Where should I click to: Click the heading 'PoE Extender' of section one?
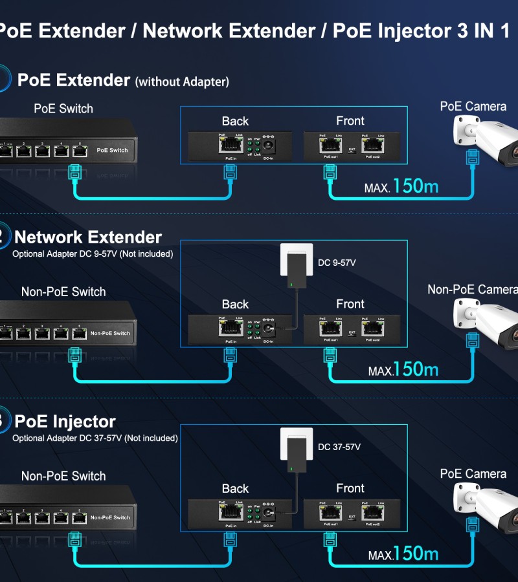[x=74, y=80]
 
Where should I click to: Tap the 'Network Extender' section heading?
[x=88, y=237]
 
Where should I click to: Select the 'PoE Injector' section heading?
[x=65, y=422]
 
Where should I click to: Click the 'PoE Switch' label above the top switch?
[x=63, y=109]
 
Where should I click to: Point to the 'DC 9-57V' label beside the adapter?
[x=337, y=263]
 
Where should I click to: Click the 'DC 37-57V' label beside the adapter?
[x=339, y=447]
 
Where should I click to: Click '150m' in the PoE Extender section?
[x=415, y=186]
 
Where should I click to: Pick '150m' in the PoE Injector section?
[x=415, y=554]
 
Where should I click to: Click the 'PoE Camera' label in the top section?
[x=473, y=106]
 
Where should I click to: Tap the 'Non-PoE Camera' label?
[x=472, y=289]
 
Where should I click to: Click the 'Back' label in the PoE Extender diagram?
[x=235, y=121]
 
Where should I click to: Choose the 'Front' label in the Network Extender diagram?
[x=350, y=304]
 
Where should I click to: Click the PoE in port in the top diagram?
[x=230, y=146]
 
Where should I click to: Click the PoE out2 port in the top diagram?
[x=372, y=146]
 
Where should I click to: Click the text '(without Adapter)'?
[x=182, y=82]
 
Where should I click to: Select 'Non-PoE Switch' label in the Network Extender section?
[x=63, y=292]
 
